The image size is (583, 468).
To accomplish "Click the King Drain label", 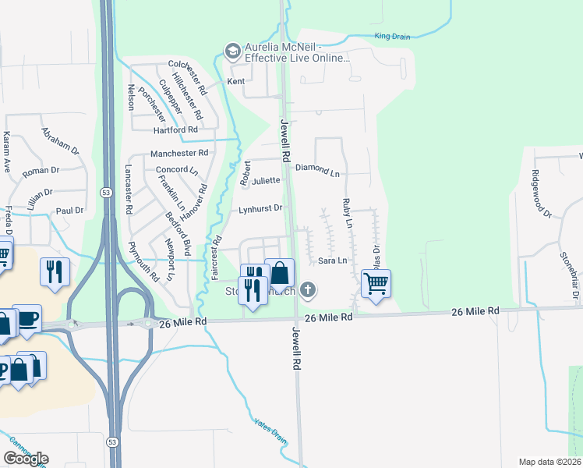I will pos(392,36).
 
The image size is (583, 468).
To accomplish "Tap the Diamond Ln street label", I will pos(324,173).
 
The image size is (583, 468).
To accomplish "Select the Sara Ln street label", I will pos(332,261).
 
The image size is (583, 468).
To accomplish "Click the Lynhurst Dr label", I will pos(260,208).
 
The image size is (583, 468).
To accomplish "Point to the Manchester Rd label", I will pos(179,153).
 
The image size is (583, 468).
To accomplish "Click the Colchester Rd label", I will pos(187,65).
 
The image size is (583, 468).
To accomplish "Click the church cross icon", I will pos(308,291).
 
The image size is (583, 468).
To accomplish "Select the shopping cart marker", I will pos(376,284).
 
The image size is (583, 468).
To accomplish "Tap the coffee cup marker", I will pos(27,319).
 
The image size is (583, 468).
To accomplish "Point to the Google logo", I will pos(26,459).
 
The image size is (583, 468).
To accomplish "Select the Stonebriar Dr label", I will pos(570,276).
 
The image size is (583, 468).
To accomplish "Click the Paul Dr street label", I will pos(69,211).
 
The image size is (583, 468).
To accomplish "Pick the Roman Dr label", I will pos(41,170).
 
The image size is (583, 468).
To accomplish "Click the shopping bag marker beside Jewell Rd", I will pos(279,274).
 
